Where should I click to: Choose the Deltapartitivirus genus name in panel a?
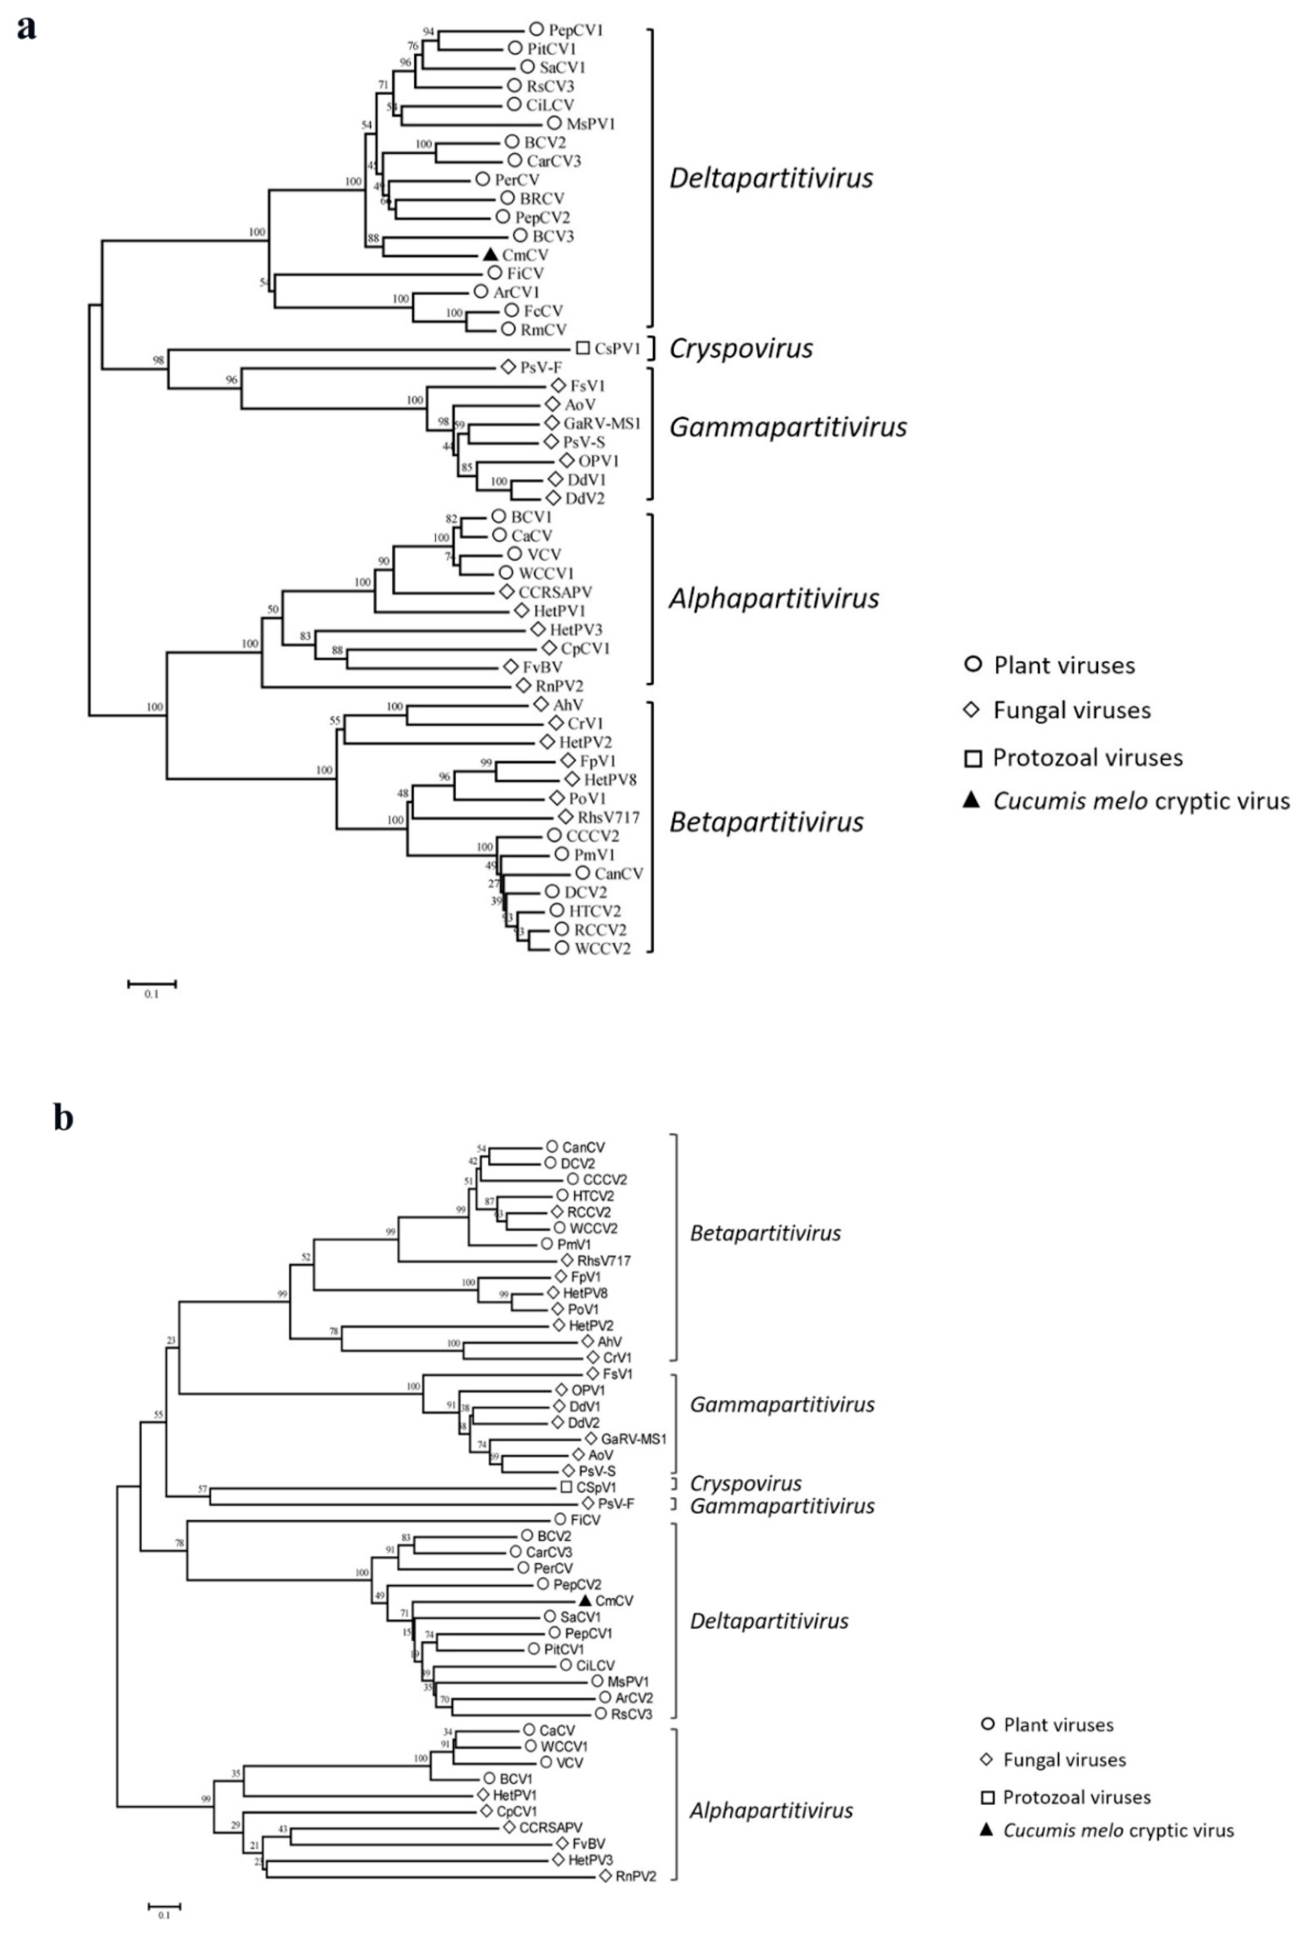pos(771,178)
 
